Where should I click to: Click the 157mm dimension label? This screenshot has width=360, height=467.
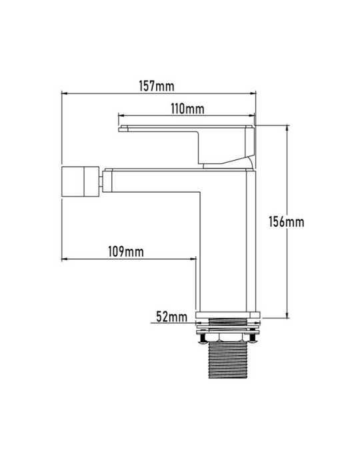click(157, 86)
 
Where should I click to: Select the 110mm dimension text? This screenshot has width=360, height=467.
click(187, 109)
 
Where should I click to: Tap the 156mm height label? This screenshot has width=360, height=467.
click(287, 222)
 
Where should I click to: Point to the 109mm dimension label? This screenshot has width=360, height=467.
click(126, 252)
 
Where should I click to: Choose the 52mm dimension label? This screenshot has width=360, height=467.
click(172, 317)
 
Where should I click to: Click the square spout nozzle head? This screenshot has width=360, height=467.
click(80, 181)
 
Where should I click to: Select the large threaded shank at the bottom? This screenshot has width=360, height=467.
click(228, 360)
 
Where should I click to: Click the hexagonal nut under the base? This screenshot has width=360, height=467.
click(228, 338)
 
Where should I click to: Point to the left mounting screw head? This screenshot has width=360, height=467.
click(203, 339)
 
